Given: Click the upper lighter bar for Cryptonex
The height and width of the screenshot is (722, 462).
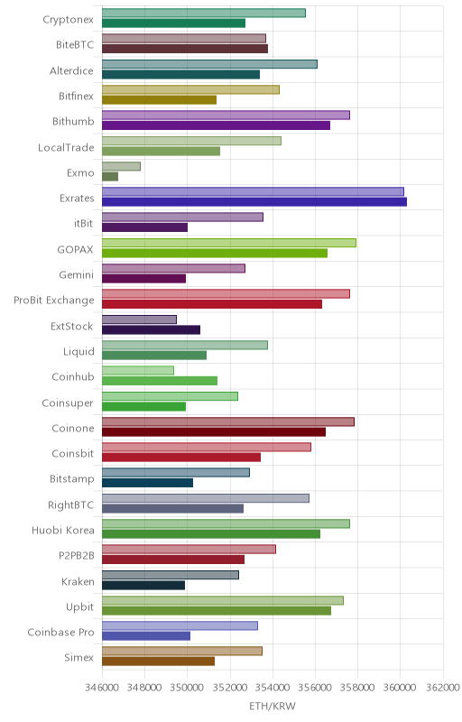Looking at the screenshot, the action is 203,13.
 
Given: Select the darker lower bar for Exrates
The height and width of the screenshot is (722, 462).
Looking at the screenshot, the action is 254,201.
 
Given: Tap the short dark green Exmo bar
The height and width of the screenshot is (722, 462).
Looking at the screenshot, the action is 110,176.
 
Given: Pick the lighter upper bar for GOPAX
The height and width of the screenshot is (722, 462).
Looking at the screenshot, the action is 229,243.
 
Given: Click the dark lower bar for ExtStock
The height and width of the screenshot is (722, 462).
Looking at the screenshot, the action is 151,329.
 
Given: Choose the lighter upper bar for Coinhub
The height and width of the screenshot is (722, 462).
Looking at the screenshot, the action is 138,370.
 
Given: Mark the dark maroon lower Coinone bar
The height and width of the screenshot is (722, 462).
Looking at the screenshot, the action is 214,432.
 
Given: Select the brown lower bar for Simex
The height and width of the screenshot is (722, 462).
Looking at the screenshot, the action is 158,662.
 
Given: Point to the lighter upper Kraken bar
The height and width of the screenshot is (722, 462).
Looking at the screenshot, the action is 171,575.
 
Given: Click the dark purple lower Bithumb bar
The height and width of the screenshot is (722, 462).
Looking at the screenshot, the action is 216,125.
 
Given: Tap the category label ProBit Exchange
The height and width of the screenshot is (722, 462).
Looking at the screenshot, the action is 54,301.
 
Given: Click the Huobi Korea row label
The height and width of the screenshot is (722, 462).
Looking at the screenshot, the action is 63,530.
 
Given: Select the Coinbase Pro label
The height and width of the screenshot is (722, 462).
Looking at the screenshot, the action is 60,633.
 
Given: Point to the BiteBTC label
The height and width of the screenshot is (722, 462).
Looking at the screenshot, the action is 75,44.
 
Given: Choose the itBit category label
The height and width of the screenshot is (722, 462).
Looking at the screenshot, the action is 83,223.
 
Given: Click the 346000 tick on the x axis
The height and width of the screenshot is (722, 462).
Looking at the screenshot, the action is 102,688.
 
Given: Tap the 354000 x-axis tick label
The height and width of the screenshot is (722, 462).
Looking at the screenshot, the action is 273,688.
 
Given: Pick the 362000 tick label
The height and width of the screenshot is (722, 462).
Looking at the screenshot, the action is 443,688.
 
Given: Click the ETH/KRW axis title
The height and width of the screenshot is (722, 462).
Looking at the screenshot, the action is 273,707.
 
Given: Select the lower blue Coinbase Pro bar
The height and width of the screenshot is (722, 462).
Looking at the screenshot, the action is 146,636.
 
